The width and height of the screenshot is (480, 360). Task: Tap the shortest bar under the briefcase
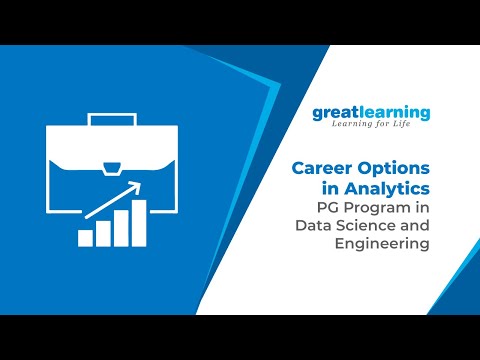tap(86, 236)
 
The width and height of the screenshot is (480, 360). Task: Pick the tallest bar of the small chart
tap(139, 222)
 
